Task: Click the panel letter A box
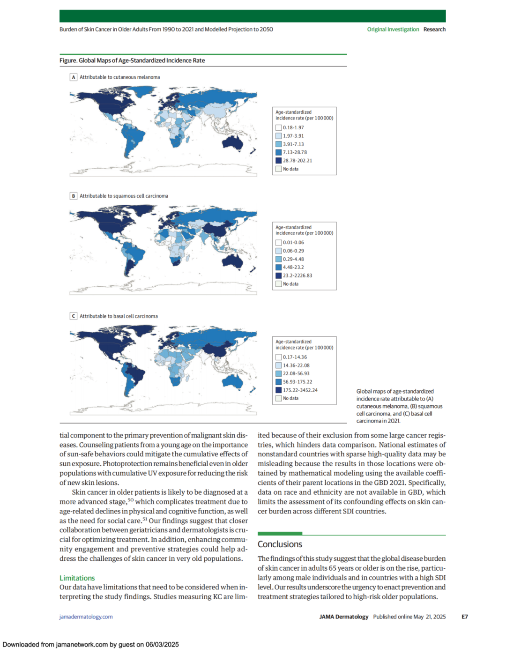tap(74, 77)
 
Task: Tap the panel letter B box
tap(74, 196)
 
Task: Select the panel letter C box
tap(74, 316)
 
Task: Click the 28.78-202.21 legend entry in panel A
tap(297, 161)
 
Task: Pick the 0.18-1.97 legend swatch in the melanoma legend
tap(279, 127)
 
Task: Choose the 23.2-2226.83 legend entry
tap(297, 275)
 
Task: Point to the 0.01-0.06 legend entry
tap(293, 243)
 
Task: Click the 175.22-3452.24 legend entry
tap(300, 390)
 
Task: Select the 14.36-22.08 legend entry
tap(296, 365)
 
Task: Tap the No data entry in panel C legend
tap(290, 398)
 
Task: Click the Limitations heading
tap(77, 578)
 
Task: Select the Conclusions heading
tap(280, 544)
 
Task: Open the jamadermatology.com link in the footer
tap(86, 617)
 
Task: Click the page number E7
tap(464, 617)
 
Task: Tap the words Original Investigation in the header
tap(393, 29)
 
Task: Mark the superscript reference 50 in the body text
tap(131, 500)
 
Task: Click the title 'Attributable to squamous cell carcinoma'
tap(124, 196)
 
